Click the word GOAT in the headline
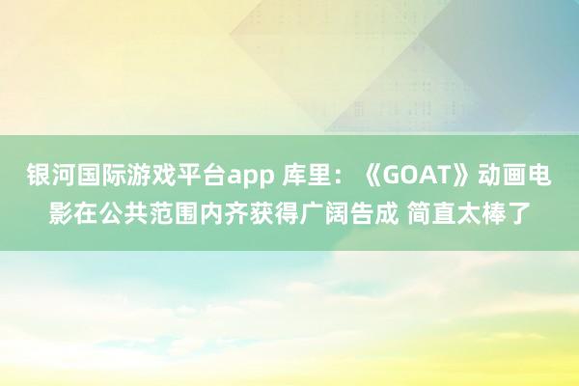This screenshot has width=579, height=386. pyautogui.click(x=425, y=177)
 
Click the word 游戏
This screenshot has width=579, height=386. pyautogui.click(x=134, y=177)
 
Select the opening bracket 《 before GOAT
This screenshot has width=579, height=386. pyautogui.click(x=372, y=177)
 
